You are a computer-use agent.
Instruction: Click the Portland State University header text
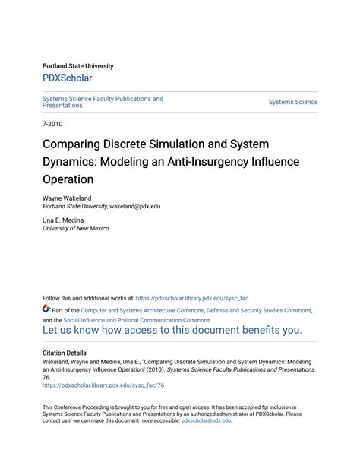pos(80,65)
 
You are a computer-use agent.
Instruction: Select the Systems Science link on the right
pos(293,103)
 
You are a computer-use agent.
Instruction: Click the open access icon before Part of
pos(46,310)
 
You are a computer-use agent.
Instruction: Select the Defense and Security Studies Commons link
pos(258,310)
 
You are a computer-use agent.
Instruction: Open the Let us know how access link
pos(172,331)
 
